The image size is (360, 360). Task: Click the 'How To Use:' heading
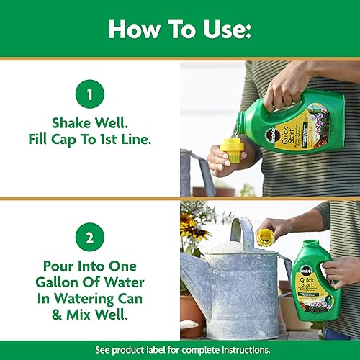click(180, 29)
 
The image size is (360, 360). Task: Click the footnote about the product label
click(180, 351)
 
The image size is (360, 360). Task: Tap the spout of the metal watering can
click(189, 270)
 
